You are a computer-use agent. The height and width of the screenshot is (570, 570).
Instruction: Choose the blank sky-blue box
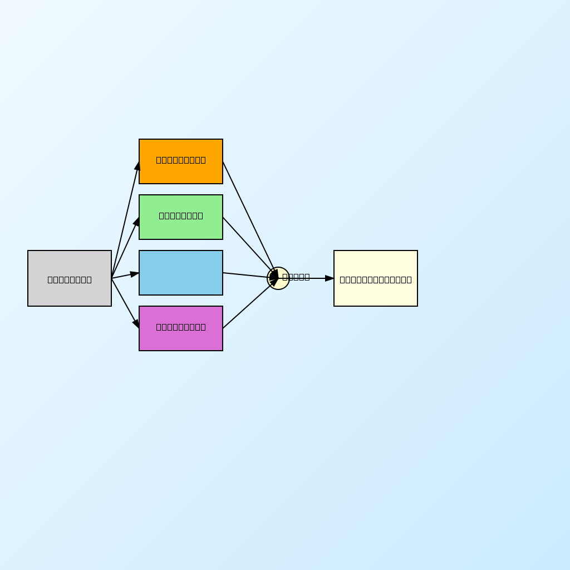click(x=181, y=273)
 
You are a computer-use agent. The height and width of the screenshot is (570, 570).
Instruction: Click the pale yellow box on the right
click(x=376, y=295)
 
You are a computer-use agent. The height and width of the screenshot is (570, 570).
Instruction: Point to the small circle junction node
click(x=278, y=278)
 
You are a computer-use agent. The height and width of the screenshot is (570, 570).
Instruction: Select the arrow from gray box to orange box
click(x=125, y=220)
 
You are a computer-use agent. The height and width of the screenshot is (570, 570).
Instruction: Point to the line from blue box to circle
click(x=245, y=275)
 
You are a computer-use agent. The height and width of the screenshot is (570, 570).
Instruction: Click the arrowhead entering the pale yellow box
click(x=330, y=278)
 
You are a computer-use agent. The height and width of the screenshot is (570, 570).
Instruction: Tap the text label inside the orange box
click(x=181, y=160)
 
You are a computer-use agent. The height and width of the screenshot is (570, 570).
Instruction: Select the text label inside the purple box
click(x=181, y=327)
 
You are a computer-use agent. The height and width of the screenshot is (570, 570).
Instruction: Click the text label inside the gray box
click(x=70, y=279)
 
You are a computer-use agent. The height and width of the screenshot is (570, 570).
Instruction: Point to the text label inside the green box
click(x=181, y=215)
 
